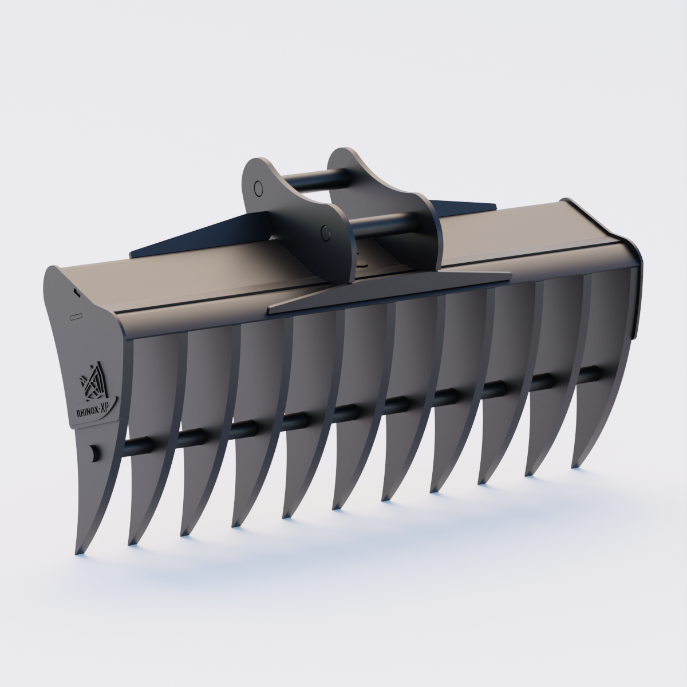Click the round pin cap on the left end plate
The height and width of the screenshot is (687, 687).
pyautogui.click(x=93, y=452)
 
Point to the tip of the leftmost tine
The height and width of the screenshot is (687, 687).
pyautogui.click(x=78, y=552)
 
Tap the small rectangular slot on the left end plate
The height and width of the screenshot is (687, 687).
pyautogui.click(x=76, y=315)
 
